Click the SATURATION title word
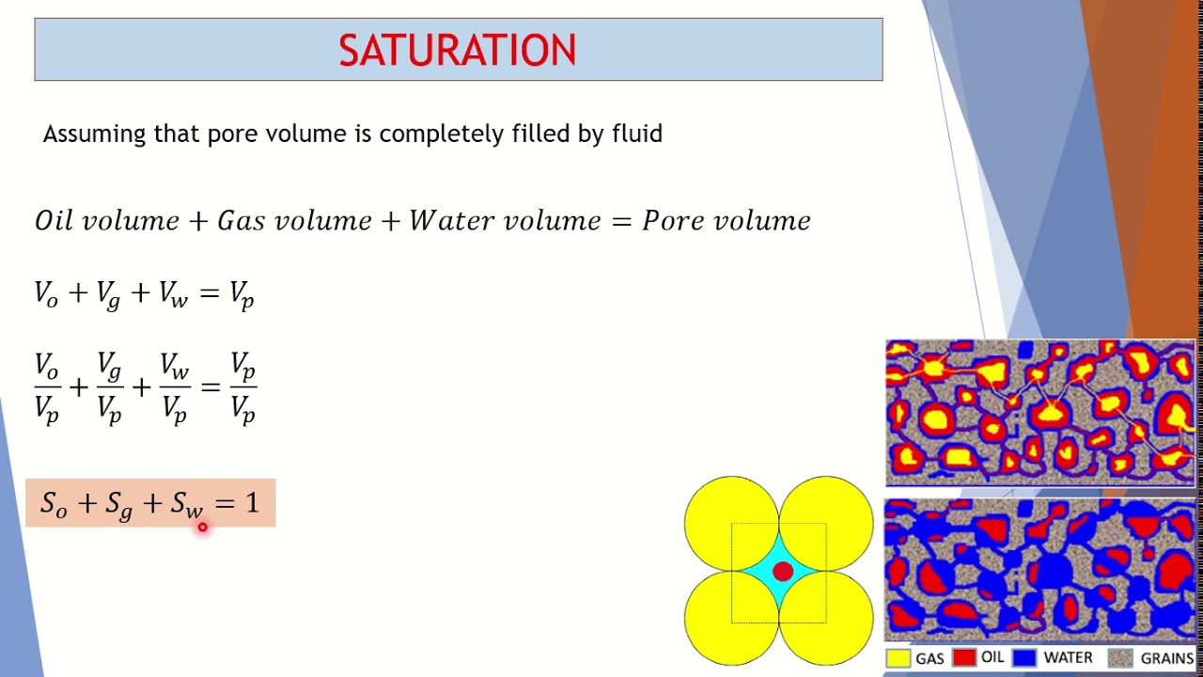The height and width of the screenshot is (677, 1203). point(458,51)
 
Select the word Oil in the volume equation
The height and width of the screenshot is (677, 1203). point(54,221)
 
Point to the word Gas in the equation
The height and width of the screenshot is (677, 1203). point(240,221)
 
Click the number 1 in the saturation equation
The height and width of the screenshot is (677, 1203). point(252,503)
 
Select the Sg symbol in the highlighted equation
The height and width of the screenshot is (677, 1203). point(118,505)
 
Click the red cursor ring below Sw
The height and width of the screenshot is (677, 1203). point(202,527)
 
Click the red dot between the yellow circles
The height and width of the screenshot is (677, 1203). point(782,571)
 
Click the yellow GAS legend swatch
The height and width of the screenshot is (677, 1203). point(898,658)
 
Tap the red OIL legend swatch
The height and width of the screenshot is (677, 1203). point(963,658)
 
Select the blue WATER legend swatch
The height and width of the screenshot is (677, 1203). point(1024,658)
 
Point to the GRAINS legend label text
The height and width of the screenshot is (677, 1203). point(1166,659)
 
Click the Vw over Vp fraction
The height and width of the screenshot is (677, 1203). point(174,387)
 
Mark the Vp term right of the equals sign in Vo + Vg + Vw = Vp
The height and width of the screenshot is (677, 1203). point(242,295)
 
